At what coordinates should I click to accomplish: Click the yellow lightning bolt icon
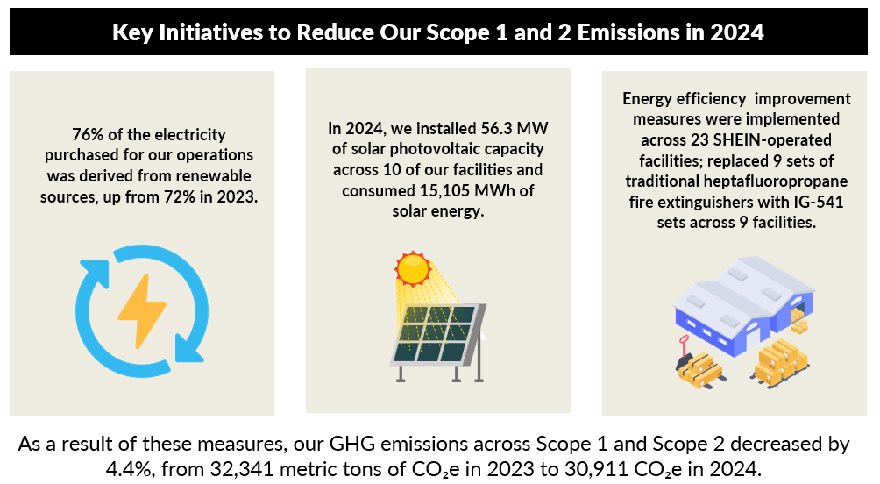point(141,310)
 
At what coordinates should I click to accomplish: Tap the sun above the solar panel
point(413,268)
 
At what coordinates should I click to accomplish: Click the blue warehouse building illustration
point(743,305)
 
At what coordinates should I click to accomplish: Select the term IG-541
point(819,203)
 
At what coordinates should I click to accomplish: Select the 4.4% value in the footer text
point(129,469)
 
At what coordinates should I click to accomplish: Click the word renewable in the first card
point(214,175)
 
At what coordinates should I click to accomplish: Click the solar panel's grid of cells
point(436,333)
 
